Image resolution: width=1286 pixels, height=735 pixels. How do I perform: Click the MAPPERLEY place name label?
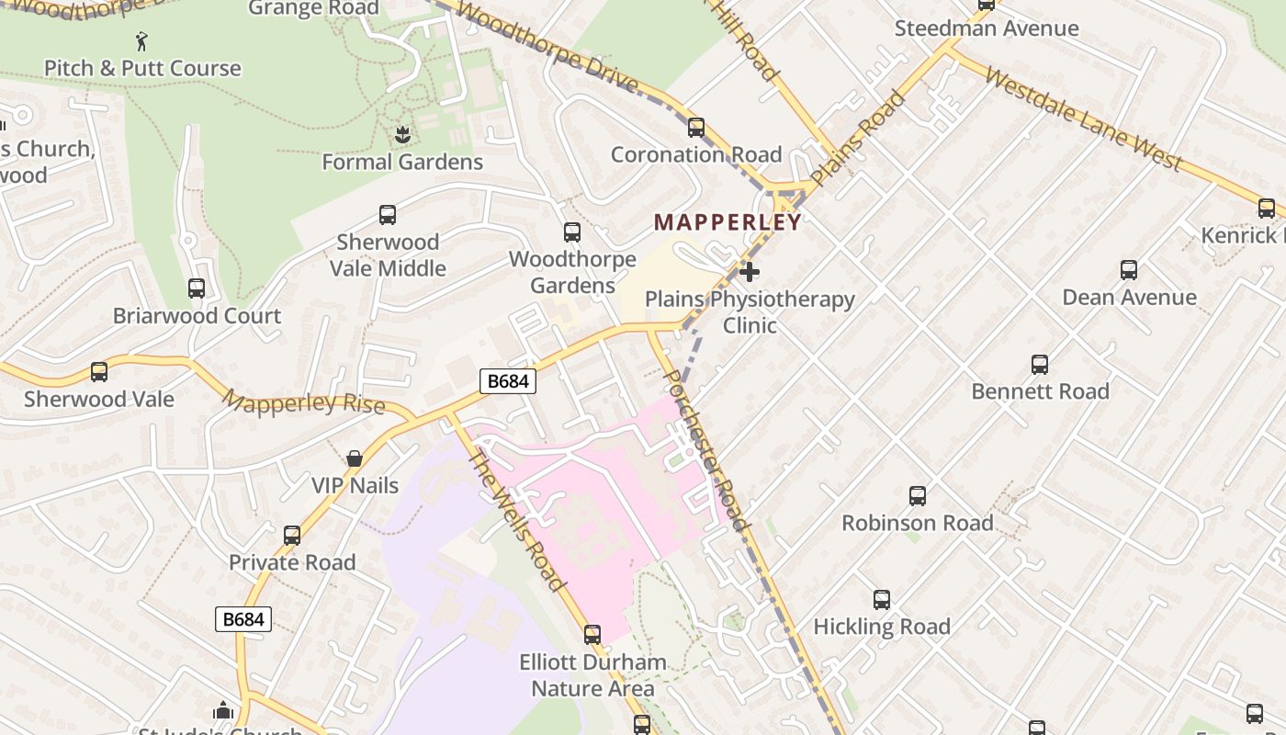coord(728,221)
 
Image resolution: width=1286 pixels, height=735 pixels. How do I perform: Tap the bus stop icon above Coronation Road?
coord(696,128)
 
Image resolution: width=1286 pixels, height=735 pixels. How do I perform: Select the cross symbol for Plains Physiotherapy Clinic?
coord(750,272)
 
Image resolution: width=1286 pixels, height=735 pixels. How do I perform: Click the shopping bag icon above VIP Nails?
coord(355,458)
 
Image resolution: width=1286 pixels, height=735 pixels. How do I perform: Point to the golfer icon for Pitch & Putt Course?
coord(141,41)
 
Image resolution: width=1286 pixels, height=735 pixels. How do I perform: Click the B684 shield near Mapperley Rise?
coord(508,380)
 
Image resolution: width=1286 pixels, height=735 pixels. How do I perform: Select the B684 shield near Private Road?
coord(244,619)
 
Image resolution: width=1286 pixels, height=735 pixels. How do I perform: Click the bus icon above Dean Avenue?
coord(1129,270)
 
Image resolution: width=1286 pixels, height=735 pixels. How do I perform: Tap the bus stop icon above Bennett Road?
coord(1040,365)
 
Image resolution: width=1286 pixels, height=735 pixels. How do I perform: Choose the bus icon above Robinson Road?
coord(917,496)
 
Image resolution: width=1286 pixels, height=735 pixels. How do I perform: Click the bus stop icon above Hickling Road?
coord(882,600)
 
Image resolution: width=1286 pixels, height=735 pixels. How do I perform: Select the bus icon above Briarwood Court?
coord(197,288)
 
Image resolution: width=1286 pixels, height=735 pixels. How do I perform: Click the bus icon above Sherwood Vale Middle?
coord(388,215)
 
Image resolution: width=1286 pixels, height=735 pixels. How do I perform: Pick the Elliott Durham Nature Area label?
coord(593,675)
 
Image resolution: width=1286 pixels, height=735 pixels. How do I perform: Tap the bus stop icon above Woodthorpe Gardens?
coord(572,232)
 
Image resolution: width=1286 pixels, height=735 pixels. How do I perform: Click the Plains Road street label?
coord(858,138)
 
